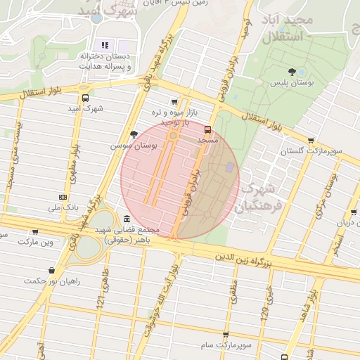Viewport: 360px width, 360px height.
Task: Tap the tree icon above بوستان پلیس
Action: pyautogui.click(x=292, y=71)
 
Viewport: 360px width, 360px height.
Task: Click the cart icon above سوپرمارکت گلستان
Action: pyautogui.click(x=311, y=140)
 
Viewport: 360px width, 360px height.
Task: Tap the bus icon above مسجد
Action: pyautogui.click(x=207, y=129)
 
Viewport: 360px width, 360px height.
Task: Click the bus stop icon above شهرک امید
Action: pyautogui.click(x=85, y=98)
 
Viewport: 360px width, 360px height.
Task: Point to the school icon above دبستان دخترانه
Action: pyautogui.click(x=105, y=46)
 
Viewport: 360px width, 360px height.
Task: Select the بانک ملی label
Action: pyautogui.click(x=63, y=208)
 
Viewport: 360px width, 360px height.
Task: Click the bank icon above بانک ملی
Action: pyautogui.click(x=63, y=197)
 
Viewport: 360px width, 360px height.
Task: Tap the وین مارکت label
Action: pyautogui.click(x=36, y=242)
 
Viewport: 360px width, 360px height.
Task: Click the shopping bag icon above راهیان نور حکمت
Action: pyautogui.click(x=51, y=270)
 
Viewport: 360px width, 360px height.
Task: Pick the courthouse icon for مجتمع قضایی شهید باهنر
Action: pyautogui.click(x=126, y=219)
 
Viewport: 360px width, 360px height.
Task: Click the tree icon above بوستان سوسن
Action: pyautogui.click(x=134, y=134)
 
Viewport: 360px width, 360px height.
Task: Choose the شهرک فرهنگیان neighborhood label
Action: pyautogui.click(x=260, y=198)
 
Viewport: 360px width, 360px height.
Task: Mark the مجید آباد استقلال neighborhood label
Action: pyautogui.click(x=285, y=28)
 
